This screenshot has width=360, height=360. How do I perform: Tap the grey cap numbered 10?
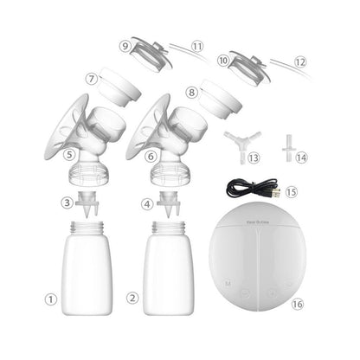[x=246, y=68]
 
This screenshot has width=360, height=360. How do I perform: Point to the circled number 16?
[x=298, y=303]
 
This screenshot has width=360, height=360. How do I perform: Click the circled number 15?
[x=291, y=190]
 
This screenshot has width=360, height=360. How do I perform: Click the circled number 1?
[x=51, y=299]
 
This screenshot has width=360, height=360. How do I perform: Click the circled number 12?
[x=300, y=62]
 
